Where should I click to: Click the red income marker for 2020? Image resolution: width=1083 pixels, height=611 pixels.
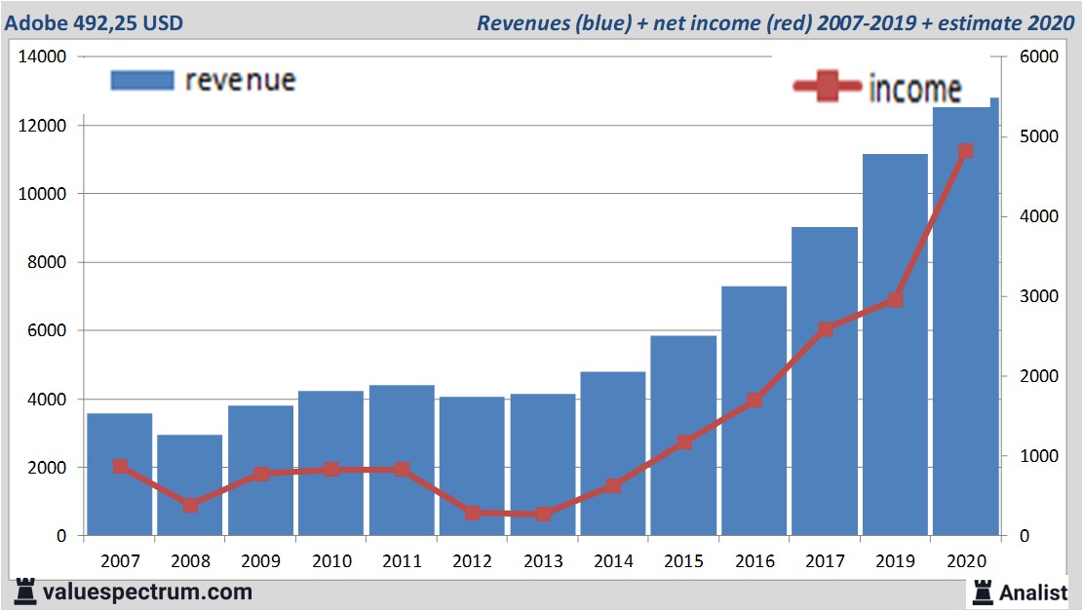(x=965, y=151)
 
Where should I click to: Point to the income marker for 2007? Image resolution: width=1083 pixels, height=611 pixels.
(x=120, y=467)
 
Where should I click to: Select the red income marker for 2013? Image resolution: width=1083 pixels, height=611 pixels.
(x=543, y=514)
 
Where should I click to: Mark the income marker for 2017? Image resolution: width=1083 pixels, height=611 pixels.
(x=825, y=329)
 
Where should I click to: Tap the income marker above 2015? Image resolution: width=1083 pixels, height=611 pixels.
(x=684, y=442)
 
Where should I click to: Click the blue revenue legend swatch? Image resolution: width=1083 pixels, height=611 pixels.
(x=141, y=80)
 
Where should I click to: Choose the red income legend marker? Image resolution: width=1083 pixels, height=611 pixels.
(x=827, y=88)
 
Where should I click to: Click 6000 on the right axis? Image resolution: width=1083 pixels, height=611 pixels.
(x=1038, y=57)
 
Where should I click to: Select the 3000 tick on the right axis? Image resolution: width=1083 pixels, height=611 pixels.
(x=1038, y=296)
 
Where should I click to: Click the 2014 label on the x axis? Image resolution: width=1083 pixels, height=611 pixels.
(x=613, y=561)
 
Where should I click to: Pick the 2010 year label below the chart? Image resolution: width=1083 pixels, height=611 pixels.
(x=331, y=561)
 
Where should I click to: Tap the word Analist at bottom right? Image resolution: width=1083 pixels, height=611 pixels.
(x=1033, y=592)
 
